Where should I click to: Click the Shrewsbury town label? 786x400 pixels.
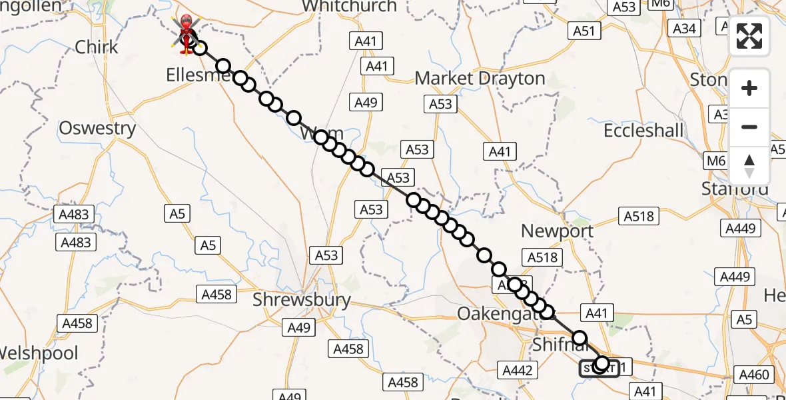pyautogui.click(x=301, y=300)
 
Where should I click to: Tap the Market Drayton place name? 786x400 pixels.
pyautogui.click(x=480, y=79)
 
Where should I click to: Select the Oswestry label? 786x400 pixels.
pyautogui.click(x=97, y=128)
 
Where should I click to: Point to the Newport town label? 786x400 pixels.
pyautogui.click(x=557, y=231)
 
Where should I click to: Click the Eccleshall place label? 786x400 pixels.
pyautogui.click(x=643, y=131)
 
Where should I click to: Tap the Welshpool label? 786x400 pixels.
pyautogui.click(x=39, y=353)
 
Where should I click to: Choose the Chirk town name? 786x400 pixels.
pyautogui.click(x=97, y=47)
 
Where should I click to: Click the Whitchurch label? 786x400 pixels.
pyautogui.click(x=349, y=7)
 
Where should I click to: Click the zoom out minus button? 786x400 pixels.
pyautogui.click(x=749, y=127)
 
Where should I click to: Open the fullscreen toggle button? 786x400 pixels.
pyautogui.click(x=749, y=36)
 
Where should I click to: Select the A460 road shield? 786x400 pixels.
pyautogui.click(x=755, y=375)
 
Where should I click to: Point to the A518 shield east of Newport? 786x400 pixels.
pyautogui.click(x=639, y=216)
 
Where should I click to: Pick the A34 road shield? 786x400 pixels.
pyautogui.click(x=685, y=28)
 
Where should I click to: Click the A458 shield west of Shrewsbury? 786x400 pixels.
pyautogui.click(x=217, y=294)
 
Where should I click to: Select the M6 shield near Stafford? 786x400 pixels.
pyautogui.click(x=716, y=161)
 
